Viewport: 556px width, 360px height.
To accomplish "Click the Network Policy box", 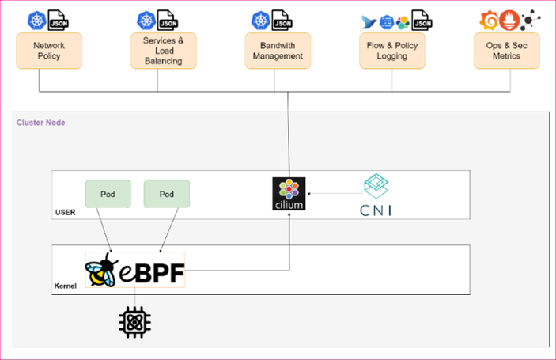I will (49, 51).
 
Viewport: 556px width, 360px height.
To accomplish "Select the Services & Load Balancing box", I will (163, 51).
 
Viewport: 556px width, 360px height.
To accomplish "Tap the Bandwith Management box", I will (278, 51).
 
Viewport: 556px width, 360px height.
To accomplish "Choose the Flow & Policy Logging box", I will (393, 51).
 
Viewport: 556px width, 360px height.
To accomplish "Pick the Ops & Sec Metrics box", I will (507, 51).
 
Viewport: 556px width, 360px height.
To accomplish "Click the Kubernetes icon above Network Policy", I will (36, 20).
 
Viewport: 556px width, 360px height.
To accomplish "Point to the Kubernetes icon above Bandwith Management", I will (260, 20).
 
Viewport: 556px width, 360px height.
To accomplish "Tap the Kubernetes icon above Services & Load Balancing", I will (146, 20).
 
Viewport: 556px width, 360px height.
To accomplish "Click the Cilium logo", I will (289, 194).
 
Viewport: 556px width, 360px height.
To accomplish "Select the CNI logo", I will (376, 195).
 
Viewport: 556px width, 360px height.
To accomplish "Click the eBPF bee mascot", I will (100, 269).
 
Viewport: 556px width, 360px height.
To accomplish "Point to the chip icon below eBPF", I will (134, 322).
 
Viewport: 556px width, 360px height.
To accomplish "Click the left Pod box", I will (108, 194).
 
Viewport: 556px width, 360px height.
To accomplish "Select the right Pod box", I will (166, 194).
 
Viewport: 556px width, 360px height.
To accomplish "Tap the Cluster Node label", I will (41, 123).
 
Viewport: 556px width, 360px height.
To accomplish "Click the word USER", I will (65, 212).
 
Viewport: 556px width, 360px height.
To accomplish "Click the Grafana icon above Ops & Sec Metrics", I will (490, 20).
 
